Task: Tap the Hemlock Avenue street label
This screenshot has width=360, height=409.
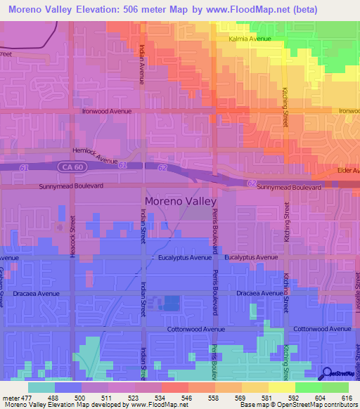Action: point(94,155)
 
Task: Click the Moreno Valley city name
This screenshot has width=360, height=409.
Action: point(181,200)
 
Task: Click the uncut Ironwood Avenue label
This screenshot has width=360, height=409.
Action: point(108,111)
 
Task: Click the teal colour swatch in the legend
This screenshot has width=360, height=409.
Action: point(41,387)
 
